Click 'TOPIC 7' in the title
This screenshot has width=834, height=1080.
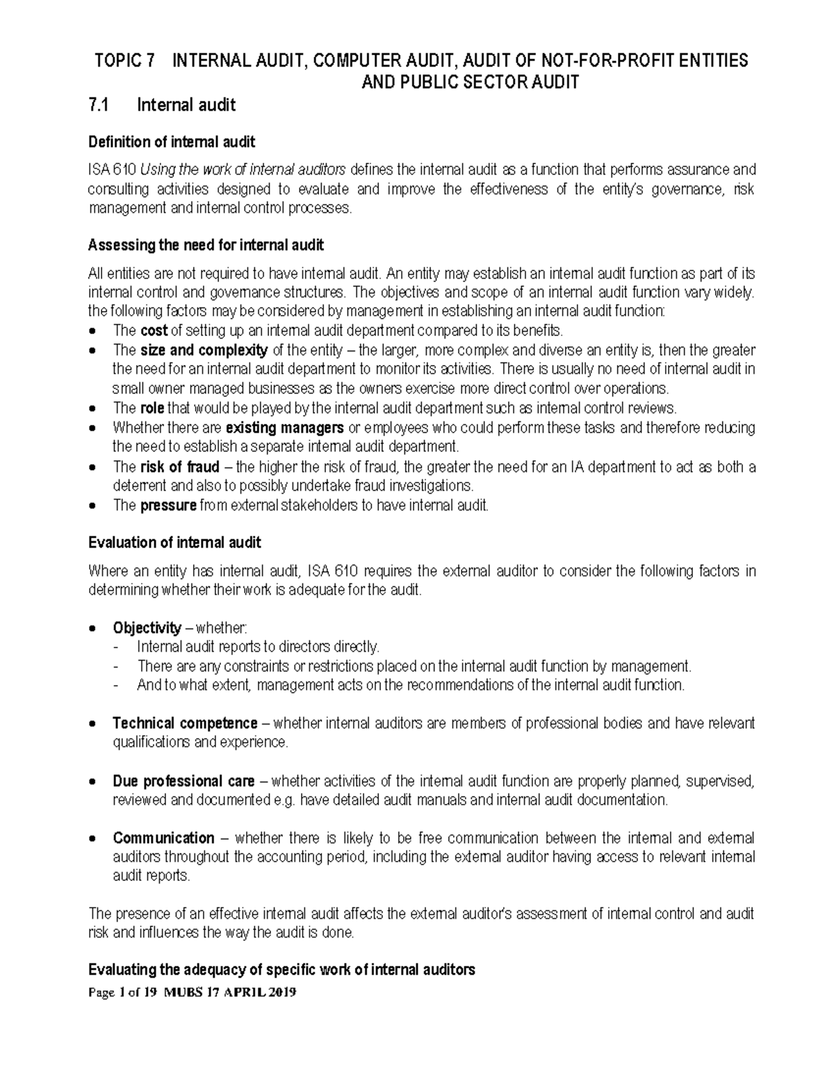click(x=124, y=61)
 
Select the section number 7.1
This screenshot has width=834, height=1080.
click(x=99, y=105)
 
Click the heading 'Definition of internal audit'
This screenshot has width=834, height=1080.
click(x=172, y=143)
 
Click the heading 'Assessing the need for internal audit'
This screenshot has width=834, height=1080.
click(x=206, y=245)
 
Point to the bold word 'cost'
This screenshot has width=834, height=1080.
click(x=154, y=330)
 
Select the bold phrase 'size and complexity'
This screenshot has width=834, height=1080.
click(x=204, y=350)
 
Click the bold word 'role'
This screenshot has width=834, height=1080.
click(x=152, y=408)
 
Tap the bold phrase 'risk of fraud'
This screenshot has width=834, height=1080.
click(x=179, y=467)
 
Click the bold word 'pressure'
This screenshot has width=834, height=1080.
click(x=168, y=506)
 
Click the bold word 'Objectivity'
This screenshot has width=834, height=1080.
click(x=147, y=628)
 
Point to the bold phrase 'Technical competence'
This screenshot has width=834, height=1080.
click(x=185, y=723)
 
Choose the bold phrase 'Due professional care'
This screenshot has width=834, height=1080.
click(x=183, y=781)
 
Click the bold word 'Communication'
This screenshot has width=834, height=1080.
click(x=163, y=838)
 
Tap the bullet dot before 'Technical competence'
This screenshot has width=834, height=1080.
click(x=95, y=724)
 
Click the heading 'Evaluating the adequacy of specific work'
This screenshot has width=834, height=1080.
click(x=281, y=969)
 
